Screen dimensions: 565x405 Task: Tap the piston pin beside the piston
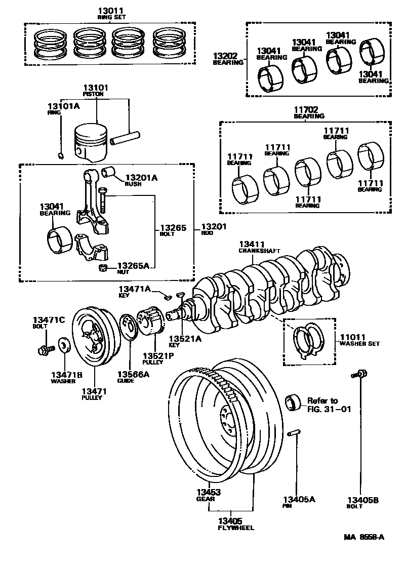[126, 137]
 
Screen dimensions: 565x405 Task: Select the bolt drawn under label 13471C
[44, 349]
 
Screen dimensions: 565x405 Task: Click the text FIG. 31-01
[329, 409]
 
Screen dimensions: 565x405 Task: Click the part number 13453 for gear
[209, 492]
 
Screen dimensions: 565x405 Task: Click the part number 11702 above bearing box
[309, 109]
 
